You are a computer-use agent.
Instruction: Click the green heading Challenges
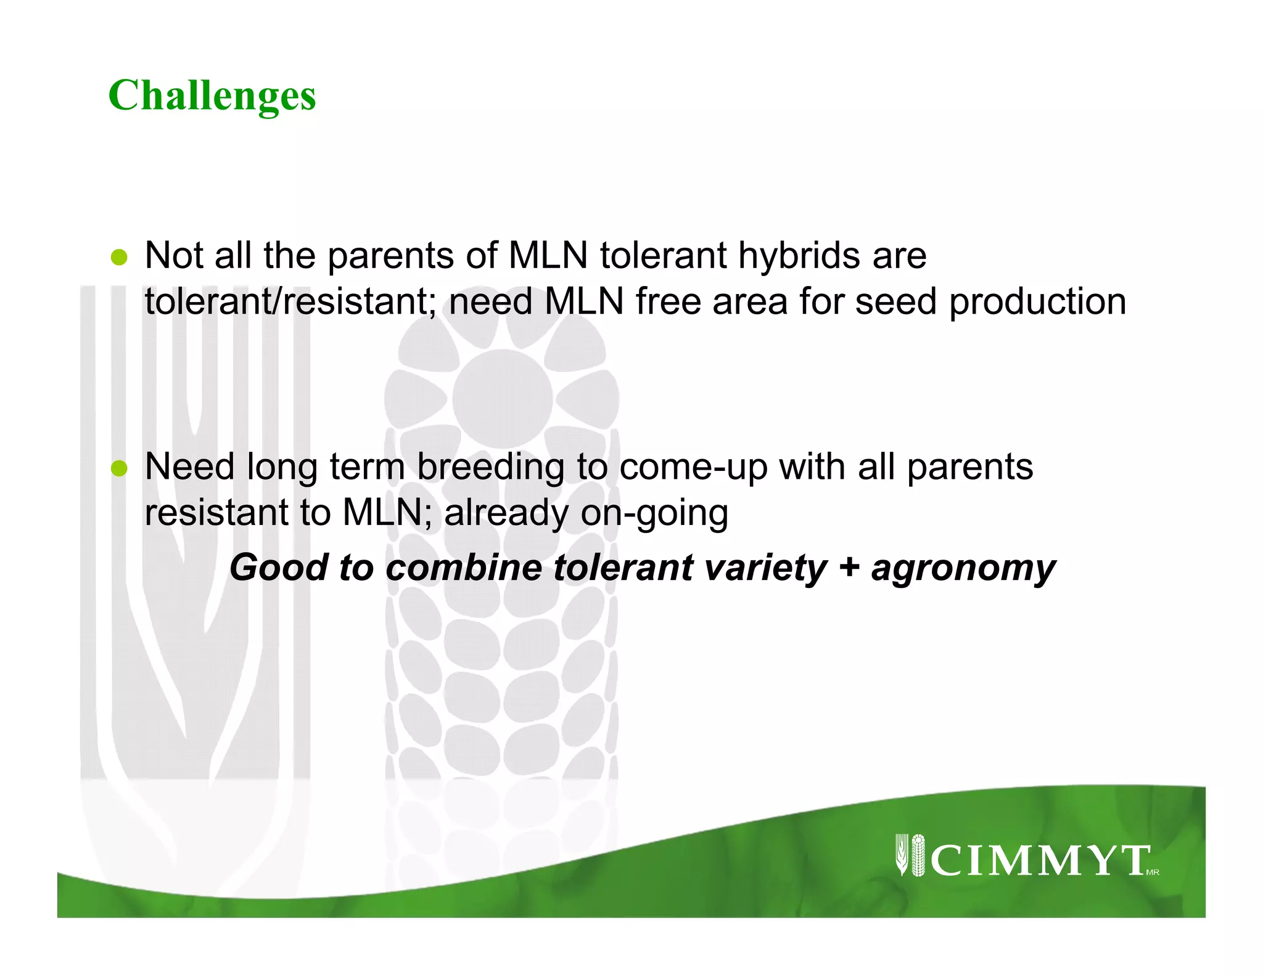(212, 96)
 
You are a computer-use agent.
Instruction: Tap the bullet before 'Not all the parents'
(118, 257)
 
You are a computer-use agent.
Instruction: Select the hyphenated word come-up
(693, 467)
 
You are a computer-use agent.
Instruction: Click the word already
(506, 513)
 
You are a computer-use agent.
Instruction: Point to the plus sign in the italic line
(849, 566)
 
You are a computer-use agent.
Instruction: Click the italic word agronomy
(963, 568)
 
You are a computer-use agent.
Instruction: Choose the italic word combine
(463, 567)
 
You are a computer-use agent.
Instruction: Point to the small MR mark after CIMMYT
(1153, 872)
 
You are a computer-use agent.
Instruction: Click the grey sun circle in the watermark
(502, 399)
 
